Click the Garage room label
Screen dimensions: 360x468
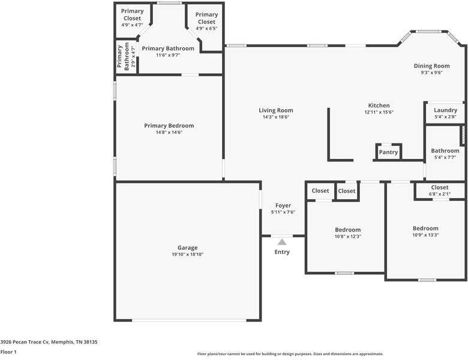[x=187, y=248]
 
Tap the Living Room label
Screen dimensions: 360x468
[x=276, y=110]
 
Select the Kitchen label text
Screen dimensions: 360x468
[x=379, y=106]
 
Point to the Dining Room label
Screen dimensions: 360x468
[x=431, y=66]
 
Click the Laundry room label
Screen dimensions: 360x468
[x=445, y=110]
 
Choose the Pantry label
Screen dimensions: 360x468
[x=388, y=152]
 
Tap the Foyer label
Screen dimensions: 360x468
[x=283, y=205]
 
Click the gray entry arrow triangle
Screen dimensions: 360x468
[x=282, y=241]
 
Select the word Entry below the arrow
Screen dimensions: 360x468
[x=282, y=252]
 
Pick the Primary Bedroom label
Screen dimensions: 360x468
[x=169, y=126]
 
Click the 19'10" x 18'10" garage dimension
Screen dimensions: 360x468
[x=187, y=254]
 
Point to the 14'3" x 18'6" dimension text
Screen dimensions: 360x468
[x=276, y=117]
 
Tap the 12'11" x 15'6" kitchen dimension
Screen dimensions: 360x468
[x=379, y=112]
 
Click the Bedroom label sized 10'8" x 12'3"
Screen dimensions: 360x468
[x=347, y=230]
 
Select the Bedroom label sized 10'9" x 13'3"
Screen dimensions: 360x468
[x=425, y=228]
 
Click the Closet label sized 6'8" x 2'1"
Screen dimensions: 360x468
[x=440, y=188]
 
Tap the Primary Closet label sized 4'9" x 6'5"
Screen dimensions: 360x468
[x=206, y=18]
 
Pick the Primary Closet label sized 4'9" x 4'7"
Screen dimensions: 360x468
[x=132, y=14]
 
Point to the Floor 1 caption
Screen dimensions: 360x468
[x=8, y=352]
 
